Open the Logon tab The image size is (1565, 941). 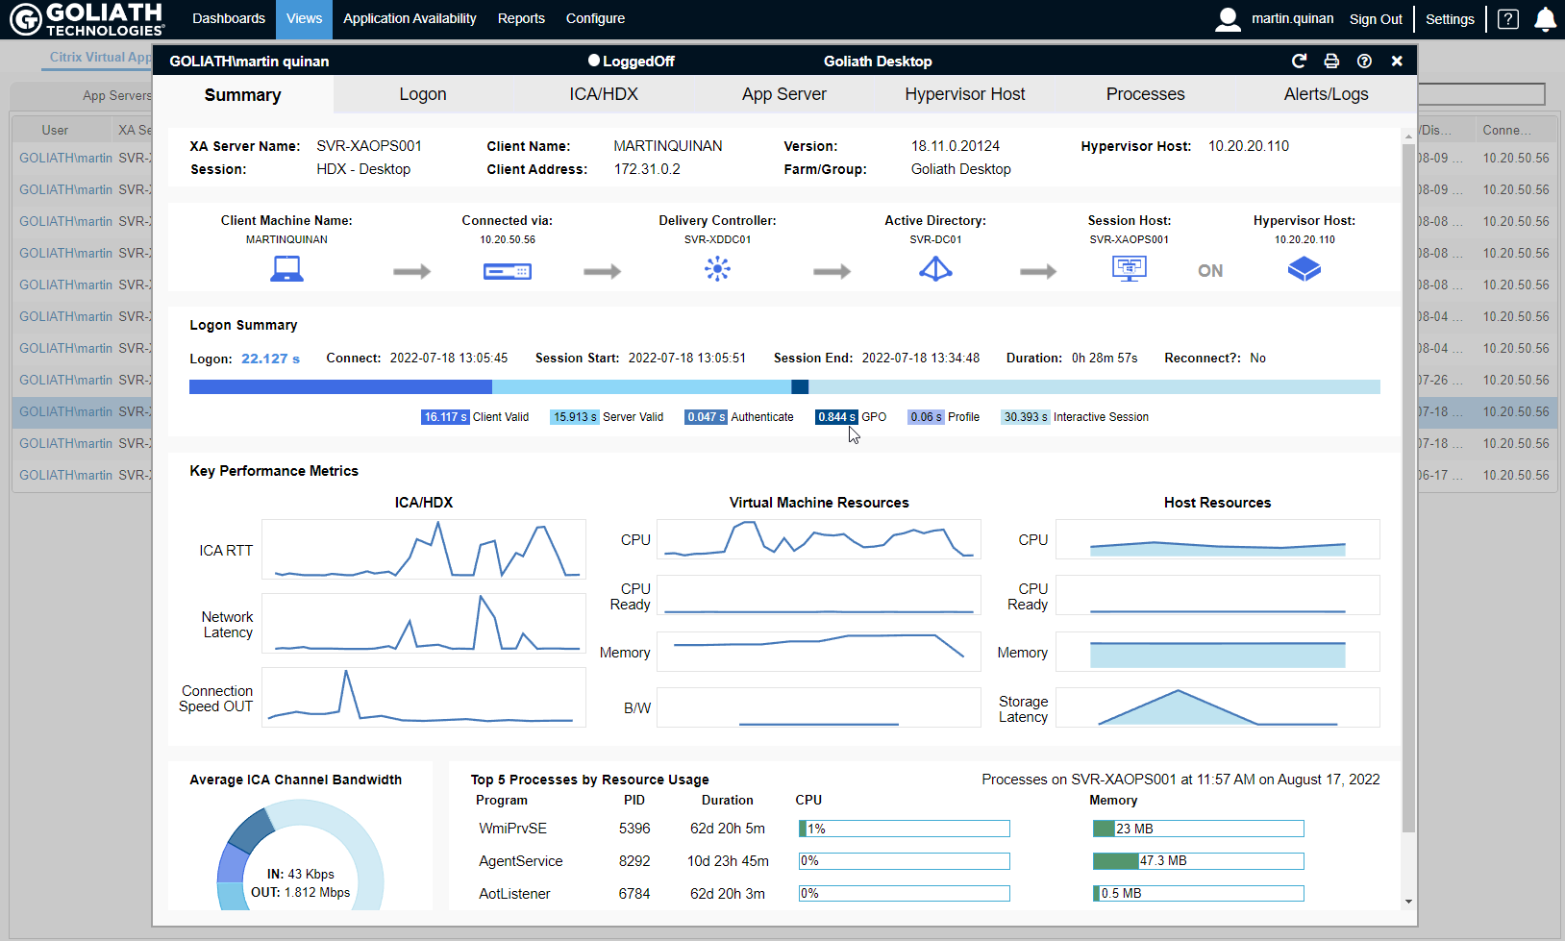tap(423, 94)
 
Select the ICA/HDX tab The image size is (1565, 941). tap(603, 94)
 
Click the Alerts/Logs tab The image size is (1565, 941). tap(1326, 94)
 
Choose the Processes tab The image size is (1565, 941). tap(1145, 94)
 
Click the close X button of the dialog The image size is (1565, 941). tap(1397, 61)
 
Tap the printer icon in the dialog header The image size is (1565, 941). tap(1331, 61)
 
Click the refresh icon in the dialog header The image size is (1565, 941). tap(1299, 61)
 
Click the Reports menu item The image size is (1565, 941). tap(521, 18)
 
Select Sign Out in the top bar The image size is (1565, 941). tap(1375, 19)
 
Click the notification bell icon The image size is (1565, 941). tap(1545, 19)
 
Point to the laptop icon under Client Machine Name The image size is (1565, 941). tap(286, 269)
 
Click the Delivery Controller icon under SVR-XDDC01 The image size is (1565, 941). tap(717, 269)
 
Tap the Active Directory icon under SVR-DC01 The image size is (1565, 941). tap(935, 269)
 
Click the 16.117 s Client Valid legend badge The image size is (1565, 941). tap(444, 417)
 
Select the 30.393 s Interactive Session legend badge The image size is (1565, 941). tap(1025, 417)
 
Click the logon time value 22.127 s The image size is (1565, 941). tap(270, 359)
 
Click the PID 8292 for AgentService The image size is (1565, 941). tap(634, 861)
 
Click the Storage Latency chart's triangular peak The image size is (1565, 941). tap(1178, 694)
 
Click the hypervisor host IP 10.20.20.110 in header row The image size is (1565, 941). tap(1248, 146)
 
